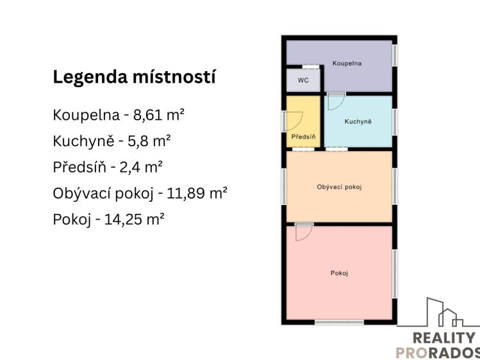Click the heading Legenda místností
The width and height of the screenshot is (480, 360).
point(134,78)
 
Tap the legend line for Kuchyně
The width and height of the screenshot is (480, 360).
point(112,141)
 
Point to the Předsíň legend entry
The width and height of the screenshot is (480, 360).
point(108,167)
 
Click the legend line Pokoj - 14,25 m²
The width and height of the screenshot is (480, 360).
point(109,218)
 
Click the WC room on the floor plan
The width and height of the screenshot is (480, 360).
point(303,81)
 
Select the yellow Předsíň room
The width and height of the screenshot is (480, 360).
point(303,128)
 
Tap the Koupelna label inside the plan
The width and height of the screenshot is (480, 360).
point(347,63)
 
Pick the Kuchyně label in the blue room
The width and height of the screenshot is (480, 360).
point(358,122)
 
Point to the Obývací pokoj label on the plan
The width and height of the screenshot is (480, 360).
point(339,187)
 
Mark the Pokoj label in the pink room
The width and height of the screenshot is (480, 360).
point(339,274)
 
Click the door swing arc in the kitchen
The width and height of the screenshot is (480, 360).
point(336,102)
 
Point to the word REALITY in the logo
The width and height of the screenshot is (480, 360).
point(445,338)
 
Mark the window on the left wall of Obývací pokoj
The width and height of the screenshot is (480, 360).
point(283,186)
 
